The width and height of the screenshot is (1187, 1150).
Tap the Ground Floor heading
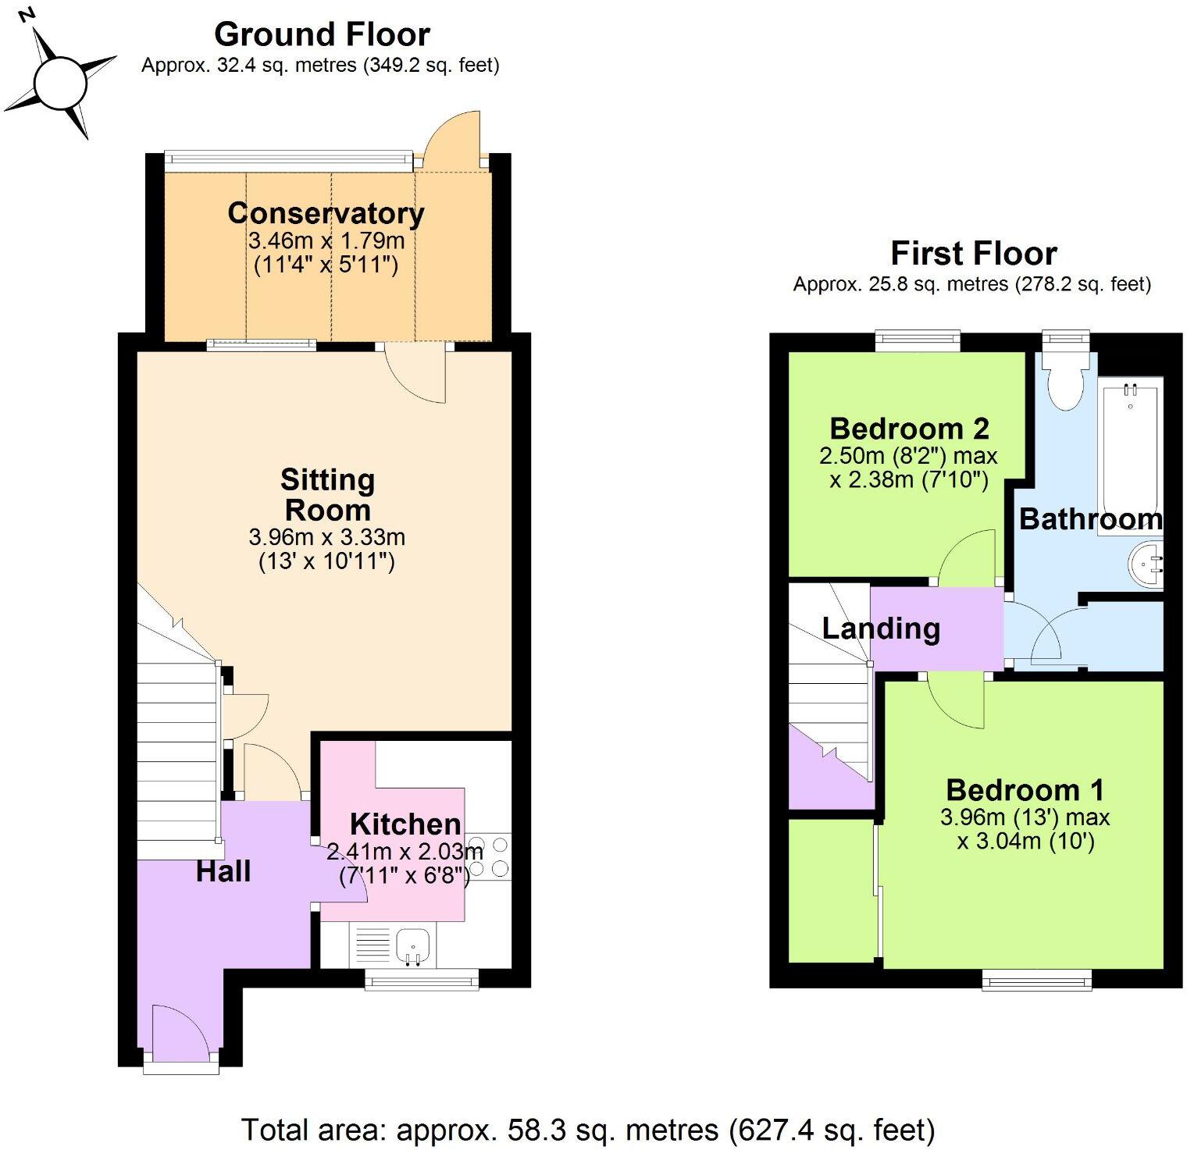(322, 34)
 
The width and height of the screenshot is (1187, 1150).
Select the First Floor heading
(973, 254)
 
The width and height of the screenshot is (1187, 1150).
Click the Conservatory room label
(326, 213)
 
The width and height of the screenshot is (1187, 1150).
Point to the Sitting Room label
(327, 494)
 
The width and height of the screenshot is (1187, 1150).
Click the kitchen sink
(412, 946)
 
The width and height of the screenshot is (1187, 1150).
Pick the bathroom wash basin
(1146, 563)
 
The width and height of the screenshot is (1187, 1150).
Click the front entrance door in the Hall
(180, 1034)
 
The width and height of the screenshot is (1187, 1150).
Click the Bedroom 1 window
(1036, 980)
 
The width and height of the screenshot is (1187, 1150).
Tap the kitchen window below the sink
(422, 979)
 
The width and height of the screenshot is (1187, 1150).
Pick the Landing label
(881, 628)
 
